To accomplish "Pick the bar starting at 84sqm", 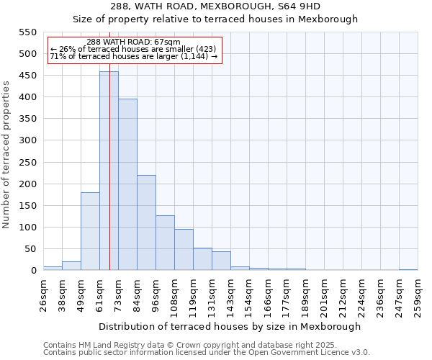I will tap(146, 223).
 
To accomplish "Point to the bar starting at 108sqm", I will tap(184, 250).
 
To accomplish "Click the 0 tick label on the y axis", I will tap(33, 271).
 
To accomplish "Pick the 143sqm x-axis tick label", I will tap(230, 295).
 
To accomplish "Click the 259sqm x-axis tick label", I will tap(418, 295).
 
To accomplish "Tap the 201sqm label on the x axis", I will tap(324, 295).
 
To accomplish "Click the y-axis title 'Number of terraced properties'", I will tap(7, 155).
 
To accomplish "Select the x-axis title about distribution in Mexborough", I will tap(230, 326).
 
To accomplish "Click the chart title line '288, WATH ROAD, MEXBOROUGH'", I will tap(215, 6).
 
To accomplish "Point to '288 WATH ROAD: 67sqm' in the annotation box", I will tap(133, 42).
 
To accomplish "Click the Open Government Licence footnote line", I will tap(207, 353).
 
